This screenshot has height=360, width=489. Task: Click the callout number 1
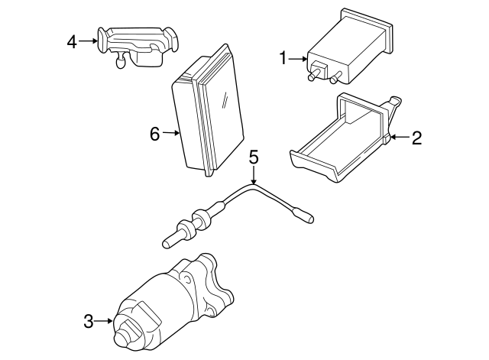pyautogui.click(x=283, y=58)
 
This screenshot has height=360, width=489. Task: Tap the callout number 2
pyautogui.click(x=416, y=138)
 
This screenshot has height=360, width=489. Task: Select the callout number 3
pyautogui.click(x=89, y=321)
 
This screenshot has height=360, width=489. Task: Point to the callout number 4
pyautogui.click(x=72, y=42)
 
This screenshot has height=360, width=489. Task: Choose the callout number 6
pyautogui.click(x=155, y=134)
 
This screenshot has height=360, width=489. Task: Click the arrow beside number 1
pyautogui.click(x=297, y=59)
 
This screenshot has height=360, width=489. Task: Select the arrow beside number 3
pyautogui.click(x=103, y=321)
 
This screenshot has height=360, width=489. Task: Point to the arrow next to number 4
pyautogui.click(x=88, y=41)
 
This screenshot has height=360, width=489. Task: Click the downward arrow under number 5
pyautogui.click(x=254, y=175)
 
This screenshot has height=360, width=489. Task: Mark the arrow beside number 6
pyautogui.click(x=170, y=133)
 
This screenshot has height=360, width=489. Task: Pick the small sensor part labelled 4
pyautogui.click(x=138, y=47)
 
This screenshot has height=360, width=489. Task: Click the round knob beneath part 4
pyautogui.click(x=121, y=63)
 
